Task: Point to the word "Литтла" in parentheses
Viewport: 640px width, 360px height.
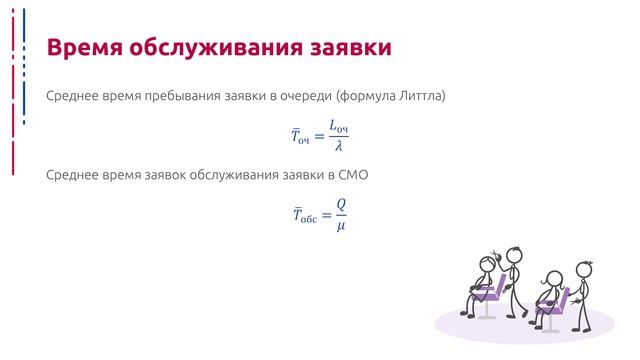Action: [x=418, y=96]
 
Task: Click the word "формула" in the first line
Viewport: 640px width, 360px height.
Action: [x=367, y=96]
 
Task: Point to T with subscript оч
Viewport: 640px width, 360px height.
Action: [x=299, y=137]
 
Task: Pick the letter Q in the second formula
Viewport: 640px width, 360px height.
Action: [x=341, y=204]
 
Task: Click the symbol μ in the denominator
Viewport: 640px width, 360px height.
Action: [x=341, y=225]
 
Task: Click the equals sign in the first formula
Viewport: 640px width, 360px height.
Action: [x=319, y=137]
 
